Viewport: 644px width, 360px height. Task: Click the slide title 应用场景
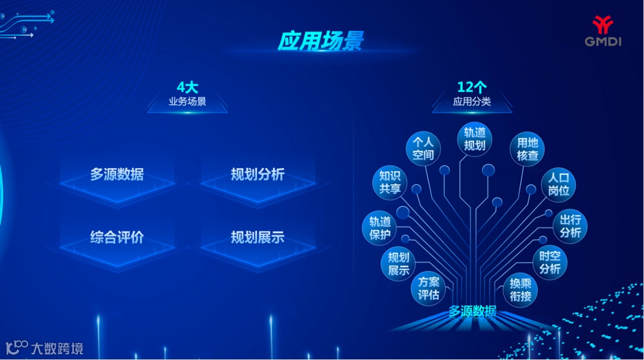click(x=320, y=41)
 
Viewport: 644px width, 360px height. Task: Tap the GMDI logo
click(x=602, y=31)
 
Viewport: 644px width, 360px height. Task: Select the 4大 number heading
click(x=187, y=88)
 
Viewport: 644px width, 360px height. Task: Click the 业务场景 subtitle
click(x=187, y=101)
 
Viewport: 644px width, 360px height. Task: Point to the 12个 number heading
click(x=472, y=88)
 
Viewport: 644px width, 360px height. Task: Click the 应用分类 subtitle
click(x=472, y=101)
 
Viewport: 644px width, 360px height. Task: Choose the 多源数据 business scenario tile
click(x=117, y=175)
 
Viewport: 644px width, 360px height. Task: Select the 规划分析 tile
click(x=258, y=175)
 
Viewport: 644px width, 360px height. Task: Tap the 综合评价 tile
click(x=117, y=237)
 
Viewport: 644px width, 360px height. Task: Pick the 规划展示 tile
click(x=258, y=237)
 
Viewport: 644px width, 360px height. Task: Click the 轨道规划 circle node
click(x=475, y=138)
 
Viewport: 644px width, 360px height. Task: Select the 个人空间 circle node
click(x=423, y=148)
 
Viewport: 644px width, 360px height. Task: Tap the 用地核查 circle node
click(x=527, y=148)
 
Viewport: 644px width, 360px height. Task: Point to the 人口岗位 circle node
click(x=559, y=184)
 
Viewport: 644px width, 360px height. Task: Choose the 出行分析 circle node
click(x=570, y=226)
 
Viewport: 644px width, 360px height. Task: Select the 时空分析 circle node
click(x=550, y=262)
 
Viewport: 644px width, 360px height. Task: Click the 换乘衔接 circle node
click(x=520, y=290)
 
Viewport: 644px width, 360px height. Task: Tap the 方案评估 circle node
click(x=428, y=288)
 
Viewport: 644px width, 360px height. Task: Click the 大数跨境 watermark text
click(x=57, y=348)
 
